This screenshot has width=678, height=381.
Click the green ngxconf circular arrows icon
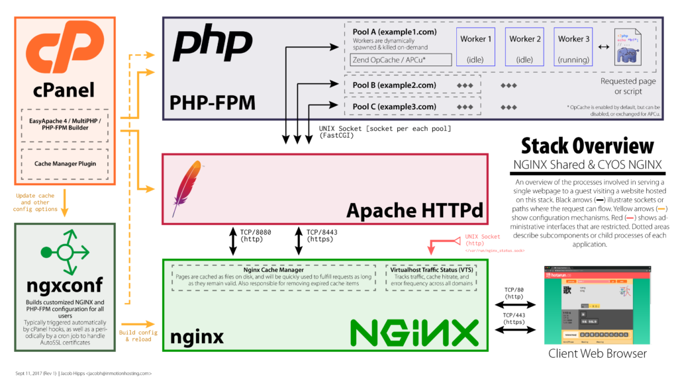coord(64,252)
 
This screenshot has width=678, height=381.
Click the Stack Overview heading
coord(587,146)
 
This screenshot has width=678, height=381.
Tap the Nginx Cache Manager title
coord(273,270)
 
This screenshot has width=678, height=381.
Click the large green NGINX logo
coord(414,332)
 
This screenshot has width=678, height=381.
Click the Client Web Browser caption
coord(597,353)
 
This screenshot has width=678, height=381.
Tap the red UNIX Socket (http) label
coord(482,240)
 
